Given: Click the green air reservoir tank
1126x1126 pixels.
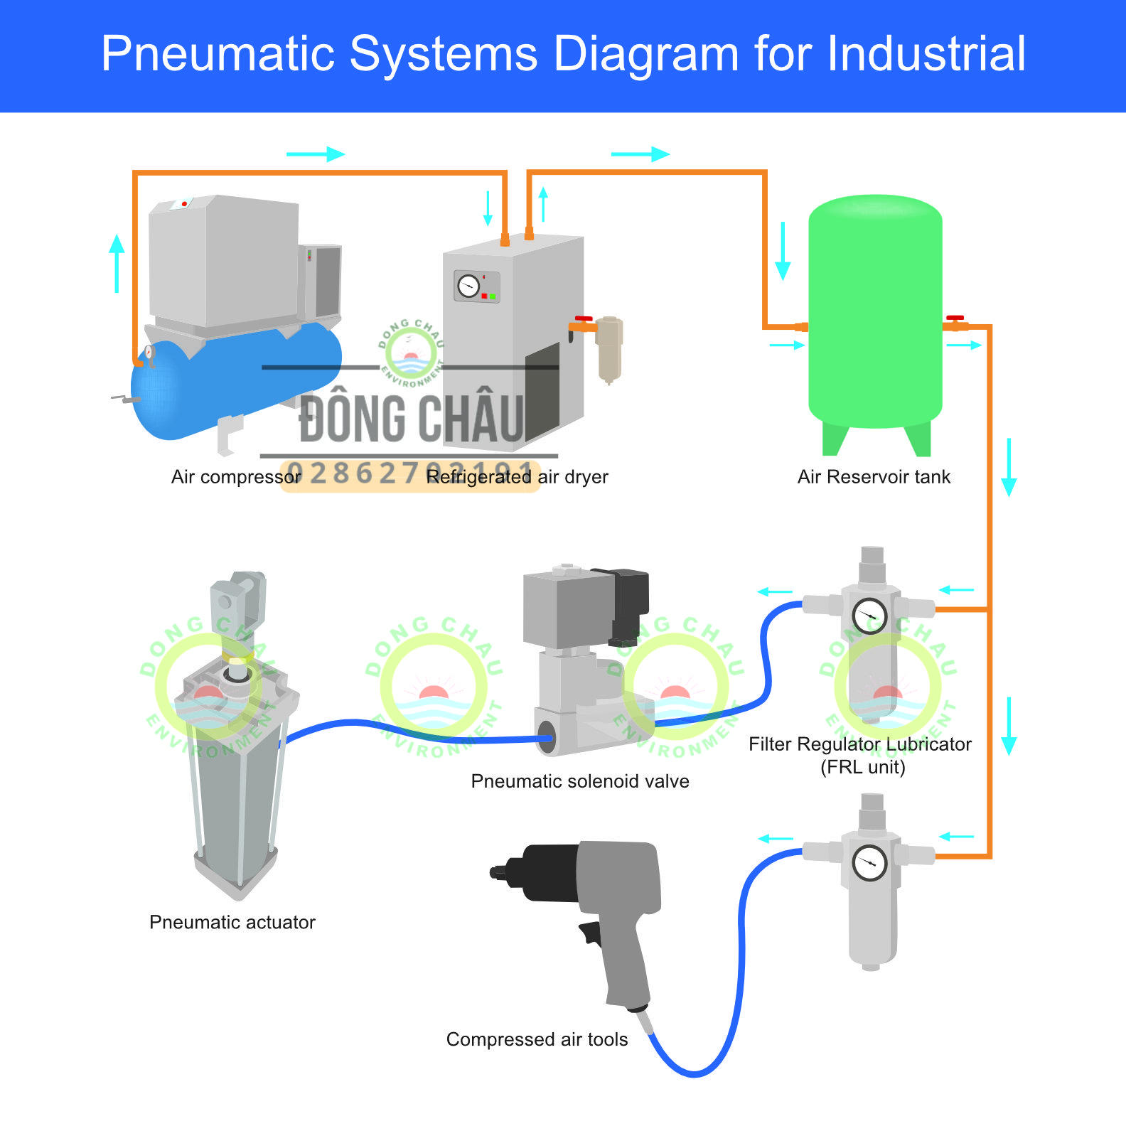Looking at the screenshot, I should click(875, 313).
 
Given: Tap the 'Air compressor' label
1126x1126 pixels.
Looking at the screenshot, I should click(236, 477).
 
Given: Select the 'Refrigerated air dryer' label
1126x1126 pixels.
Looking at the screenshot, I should click(518, 477).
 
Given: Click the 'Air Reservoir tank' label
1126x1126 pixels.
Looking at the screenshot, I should click(874, 477).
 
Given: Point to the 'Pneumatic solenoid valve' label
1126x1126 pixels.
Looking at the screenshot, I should click(580, 781).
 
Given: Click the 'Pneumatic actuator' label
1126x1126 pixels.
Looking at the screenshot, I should click(232, 922).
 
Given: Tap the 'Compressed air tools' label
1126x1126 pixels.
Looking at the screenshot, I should click(537, 1039).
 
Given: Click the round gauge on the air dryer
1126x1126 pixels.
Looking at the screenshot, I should click(468, 286).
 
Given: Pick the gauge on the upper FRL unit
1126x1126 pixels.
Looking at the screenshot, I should click(869, 616).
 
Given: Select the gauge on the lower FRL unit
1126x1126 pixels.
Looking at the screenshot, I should click(869, 863).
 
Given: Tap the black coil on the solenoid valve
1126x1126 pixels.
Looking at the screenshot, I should click(626, 601).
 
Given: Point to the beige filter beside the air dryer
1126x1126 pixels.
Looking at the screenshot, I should click(609, 348).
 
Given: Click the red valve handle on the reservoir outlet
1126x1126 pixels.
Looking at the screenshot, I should click(955, 318).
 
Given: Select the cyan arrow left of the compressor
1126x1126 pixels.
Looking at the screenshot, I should click(117, 263).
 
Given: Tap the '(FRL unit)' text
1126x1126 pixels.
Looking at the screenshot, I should click(862, 768).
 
